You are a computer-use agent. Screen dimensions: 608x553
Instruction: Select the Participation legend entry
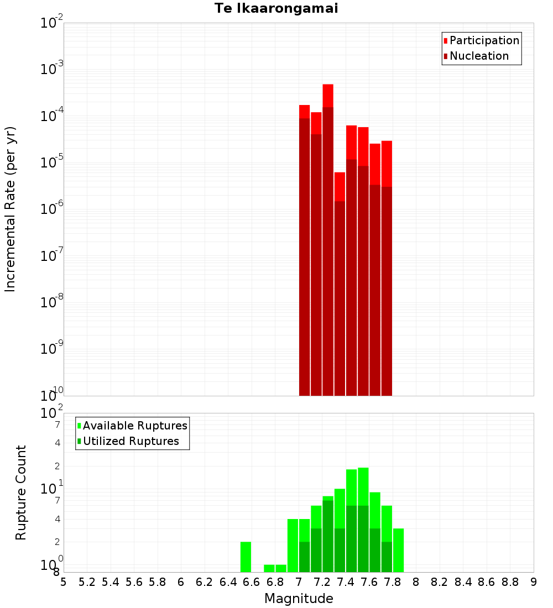point(484,40)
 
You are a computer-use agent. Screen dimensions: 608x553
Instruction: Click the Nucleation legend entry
point(479,56)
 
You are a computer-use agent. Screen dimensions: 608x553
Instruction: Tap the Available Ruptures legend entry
point(135,426)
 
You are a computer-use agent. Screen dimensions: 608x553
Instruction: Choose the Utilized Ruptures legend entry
point(131,441)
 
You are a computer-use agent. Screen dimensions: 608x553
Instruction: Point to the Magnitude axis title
point(299,599)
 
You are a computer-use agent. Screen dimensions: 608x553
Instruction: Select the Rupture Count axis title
point(21,492)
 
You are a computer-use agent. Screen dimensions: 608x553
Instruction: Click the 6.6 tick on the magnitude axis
point(252,582)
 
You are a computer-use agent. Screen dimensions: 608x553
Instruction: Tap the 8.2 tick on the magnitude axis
point(440,582)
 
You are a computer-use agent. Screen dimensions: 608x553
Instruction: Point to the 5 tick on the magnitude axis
point(64,582)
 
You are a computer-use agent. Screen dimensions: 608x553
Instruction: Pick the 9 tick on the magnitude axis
point(534,582)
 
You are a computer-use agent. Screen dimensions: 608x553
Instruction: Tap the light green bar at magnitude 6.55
point(246,557)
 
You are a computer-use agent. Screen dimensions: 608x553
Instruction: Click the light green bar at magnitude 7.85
point(398,550)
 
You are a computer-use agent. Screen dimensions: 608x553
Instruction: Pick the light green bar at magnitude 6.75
point(269,568)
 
